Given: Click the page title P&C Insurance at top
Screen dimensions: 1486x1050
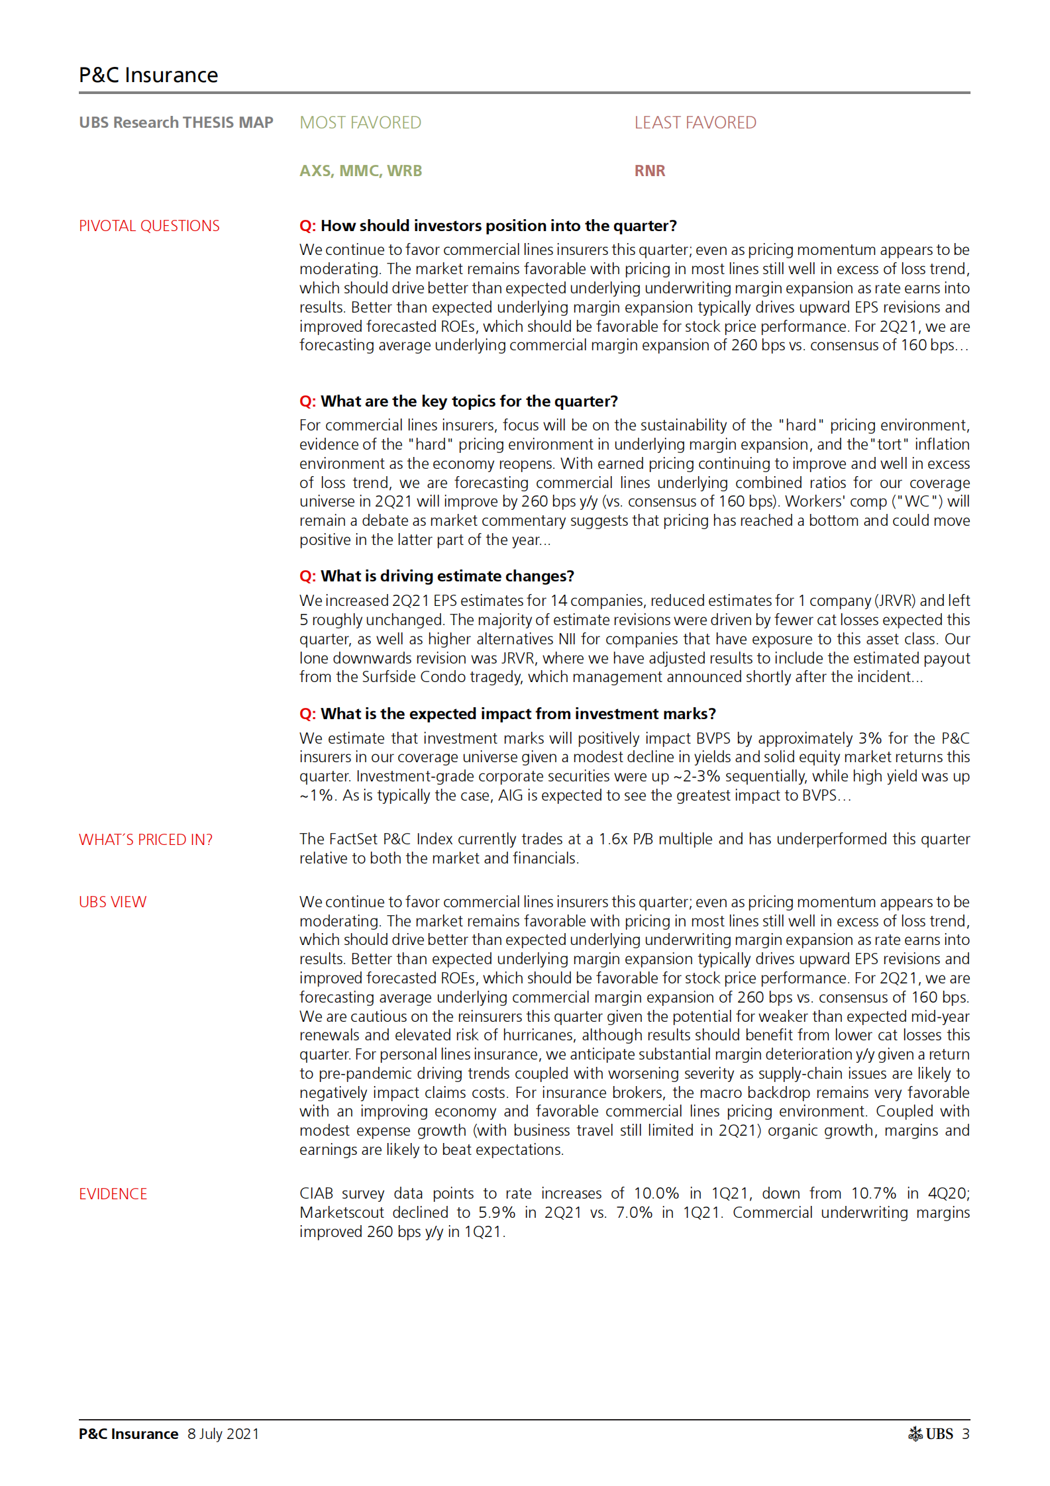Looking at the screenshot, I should tap(148, 75).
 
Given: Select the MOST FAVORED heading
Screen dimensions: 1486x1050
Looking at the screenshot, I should tap(360, 123).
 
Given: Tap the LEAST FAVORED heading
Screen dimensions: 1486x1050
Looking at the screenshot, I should tap(695, 123).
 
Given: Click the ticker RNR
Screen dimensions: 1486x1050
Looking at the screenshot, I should tap(649, 171).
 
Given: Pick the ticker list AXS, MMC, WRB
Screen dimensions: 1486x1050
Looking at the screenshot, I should tap(360, 171).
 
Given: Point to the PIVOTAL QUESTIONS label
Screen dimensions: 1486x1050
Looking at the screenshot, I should tap(149, 226).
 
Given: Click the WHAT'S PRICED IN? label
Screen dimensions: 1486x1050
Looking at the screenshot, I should tap(146, 840).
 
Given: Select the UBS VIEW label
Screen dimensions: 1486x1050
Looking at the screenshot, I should tap(113, 902).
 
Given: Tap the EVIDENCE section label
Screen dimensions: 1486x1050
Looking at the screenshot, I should tap(113, 1194).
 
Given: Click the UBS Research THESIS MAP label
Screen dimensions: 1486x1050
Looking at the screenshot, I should tap(176, 123).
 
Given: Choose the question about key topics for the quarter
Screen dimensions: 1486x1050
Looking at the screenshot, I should tap(458, 401).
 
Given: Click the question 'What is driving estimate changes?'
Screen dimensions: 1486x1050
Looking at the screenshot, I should tap(437, 576).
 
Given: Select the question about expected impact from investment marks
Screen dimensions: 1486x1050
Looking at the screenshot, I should tap(507, 714).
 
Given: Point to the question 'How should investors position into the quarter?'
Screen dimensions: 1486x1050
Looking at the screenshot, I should tap(488, 226).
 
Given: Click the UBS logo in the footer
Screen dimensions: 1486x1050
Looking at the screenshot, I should tap(930, 1434).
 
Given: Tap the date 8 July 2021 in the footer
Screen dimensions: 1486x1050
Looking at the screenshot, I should tap(223, 1434).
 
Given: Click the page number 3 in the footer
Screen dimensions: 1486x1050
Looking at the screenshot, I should tap(966, 1434).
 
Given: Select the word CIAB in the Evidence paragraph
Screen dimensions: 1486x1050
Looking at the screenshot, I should tap(316, 1193).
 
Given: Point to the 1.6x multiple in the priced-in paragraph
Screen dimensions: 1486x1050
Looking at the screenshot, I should tap(613, 839).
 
